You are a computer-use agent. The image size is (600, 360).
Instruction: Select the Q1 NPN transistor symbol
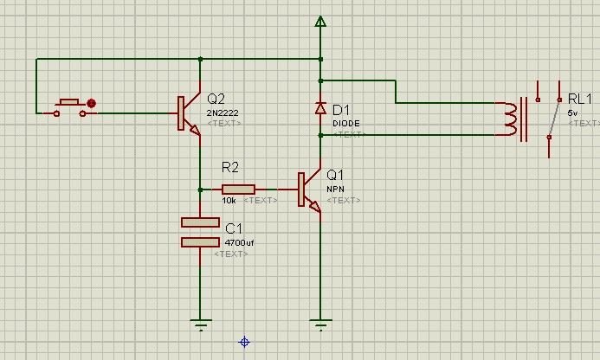pos(308,190)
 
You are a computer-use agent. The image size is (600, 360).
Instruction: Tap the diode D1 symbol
pos(320,109)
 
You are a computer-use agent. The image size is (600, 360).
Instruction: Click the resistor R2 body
pos(238,190)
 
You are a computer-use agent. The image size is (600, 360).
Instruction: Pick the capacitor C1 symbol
pos(200,232)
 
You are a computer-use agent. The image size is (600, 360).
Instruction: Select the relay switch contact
pos(550,120)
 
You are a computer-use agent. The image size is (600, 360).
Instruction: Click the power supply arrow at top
pos(320,22)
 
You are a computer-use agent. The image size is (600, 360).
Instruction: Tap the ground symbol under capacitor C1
pos(200,326)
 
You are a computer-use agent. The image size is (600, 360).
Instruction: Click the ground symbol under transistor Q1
pos(320,326)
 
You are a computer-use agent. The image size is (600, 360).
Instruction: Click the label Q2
pos(216,97)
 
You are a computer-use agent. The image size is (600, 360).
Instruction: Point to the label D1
pos(341,110)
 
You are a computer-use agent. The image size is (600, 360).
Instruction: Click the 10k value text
pos(229,201)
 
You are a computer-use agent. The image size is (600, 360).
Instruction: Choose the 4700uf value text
pos(239,243)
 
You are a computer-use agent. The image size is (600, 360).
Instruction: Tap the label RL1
pos(581,99)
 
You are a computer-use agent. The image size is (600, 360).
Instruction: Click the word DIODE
pos(346,123)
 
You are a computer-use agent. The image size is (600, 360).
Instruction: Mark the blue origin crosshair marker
pos(244,343)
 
